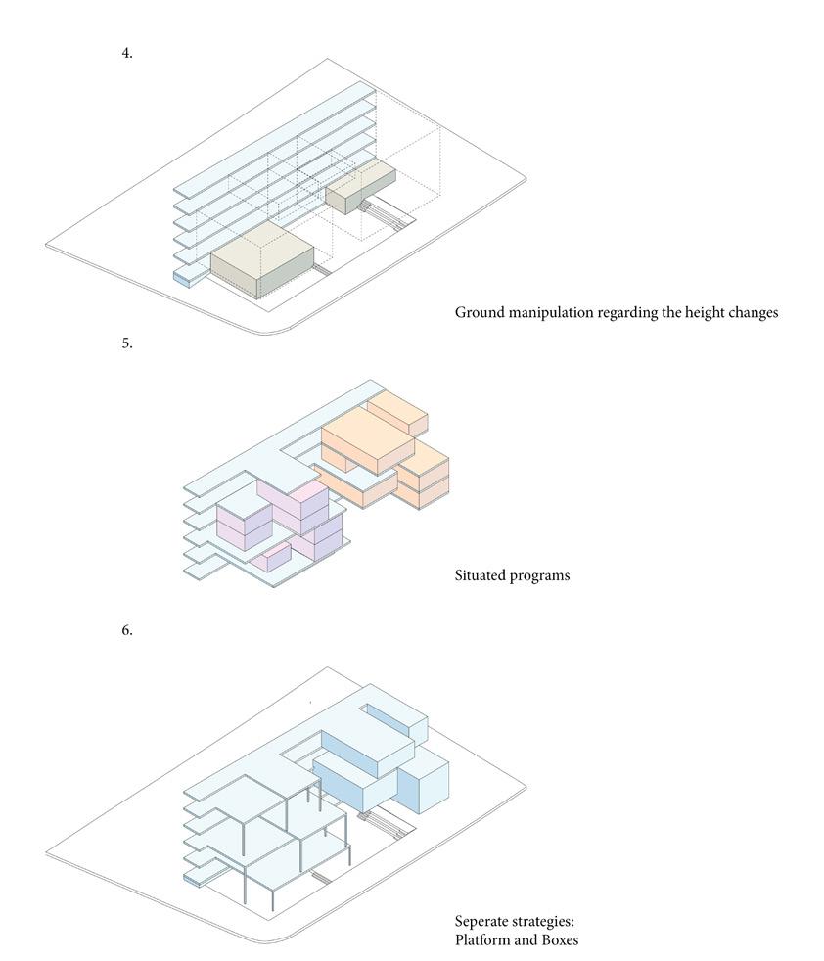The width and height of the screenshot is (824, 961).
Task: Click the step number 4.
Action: tap(127, 53)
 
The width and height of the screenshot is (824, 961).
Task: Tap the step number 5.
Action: tap(127, 343)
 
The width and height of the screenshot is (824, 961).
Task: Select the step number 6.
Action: tap(127, 630)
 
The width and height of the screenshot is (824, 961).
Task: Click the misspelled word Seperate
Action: tap(481, 922)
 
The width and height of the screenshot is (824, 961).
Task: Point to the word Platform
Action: tap(481, 940)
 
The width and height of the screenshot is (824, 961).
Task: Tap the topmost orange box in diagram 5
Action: tap(397, 411)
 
